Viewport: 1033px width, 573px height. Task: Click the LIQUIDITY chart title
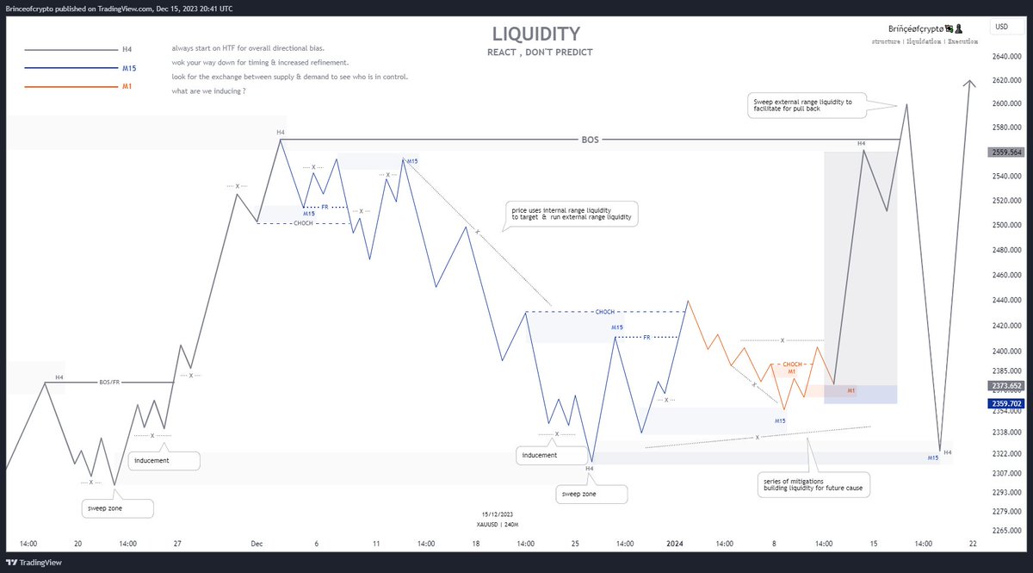[535, 34]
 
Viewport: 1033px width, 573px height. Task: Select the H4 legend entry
[127, 50]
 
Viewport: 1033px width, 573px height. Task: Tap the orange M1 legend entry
[127, 86]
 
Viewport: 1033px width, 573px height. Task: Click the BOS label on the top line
[590, 139]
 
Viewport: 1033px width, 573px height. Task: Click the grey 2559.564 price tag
[1005, 152]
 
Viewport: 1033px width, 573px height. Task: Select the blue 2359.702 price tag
[1005, 402]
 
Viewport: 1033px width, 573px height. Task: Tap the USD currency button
[1001, 27]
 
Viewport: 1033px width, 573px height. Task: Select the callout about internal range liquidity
[570, 214]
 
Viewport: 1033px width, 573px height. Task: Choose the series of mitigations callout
[813, 484]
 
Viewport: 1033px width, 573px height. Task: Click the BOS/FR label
[109, 382]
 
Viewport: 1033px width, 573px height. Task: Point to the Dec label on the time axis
[257, 544]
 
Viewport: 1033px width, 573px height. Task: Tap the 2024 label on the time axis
[674, 544]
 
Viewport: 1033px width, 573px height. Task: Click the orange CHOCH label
[792, 364]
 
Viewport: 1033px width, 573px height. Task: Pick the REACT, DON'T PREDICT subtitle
[540, 53]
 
